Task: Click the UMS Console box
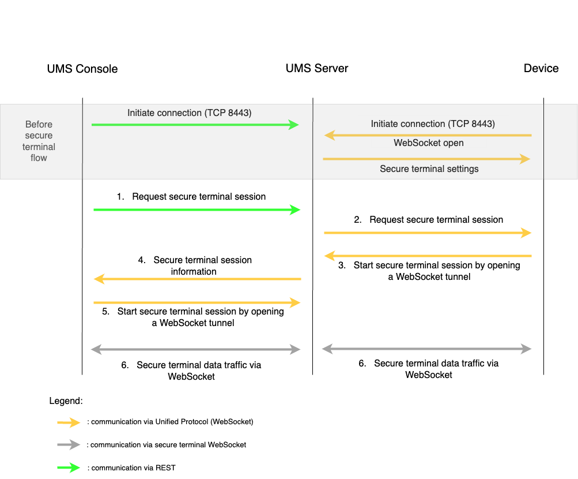pos(82,69)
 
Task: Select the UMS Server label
pos(317,68)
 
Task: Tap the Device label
pos(540,68)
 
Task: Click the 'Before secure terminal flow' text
pos(39,141)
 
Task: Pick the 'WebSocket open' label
pos(429,143)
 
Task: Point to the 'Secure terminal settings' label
pos(429,169)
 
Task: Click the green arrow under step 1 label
pos(197,210)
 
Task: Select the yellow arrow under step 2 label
pos(427,233)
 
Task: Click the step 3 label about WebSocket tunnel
pos(429,271)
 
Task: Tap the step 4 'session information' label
pos(195,266)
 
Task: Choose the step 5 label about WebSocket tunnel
pos(193,317)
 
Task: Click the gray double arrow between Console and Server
pos(196,349)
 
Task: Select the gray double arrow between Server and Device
pos(426,349)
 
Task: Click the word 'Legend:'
pos(66,401)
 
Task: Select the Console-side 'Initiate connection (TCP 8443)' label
pos(190,113)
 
